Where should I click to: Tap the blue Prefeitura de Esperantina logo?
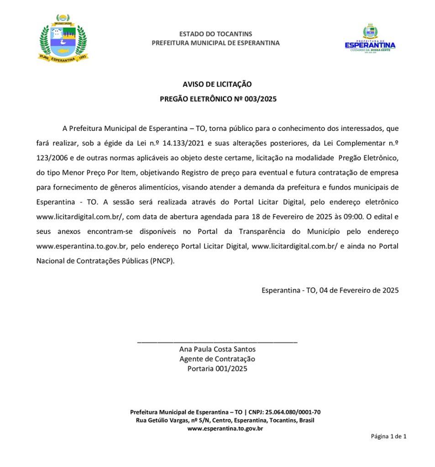pos(370,39)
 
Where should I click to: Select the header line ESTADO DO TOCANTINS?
pos(215,34)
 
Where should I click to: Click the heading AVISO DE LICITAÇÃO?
pos(217,84)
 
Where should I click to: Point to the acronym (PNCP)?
pos(162,261)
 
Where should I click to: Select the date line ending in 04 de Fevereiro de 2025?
pos(330,290)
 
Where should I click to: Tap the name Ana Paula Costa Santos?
pos(217,349)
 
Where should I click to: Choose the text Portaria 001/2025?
pos(217,368)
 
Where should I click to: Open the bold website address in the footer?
pos(225,429)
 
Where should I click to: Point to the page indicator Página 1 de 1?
pos(388,436)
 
